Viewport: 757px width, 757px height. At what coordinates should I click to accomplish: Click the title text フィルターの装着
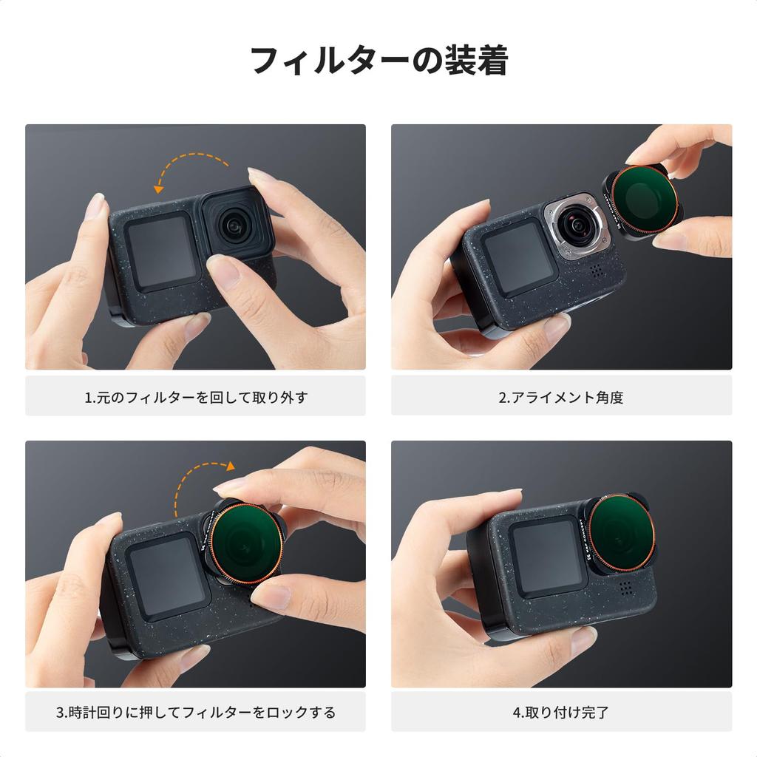point(379,61)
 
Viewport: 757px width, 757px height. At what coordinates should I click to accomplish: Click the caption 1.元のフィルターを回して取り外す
point(196,397)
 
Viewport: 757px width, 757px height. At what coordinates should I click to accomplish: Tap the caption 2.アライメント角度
point(561,397)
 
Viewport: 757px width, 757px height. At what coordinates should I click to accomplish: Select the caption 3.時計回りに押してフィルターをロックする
point(195,712)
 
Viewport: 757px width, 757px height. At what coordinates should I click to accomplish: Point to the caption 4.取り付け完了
point(561,712)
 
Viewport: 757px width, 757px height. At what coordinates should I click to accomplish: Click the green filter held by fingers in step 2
point(642,201)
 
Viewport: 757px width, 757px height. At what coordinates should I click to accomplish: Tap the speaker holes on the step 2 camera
point(597,270)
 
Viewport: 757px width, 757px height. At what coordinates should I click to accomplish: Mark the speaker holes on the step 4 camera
point(625,588)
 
